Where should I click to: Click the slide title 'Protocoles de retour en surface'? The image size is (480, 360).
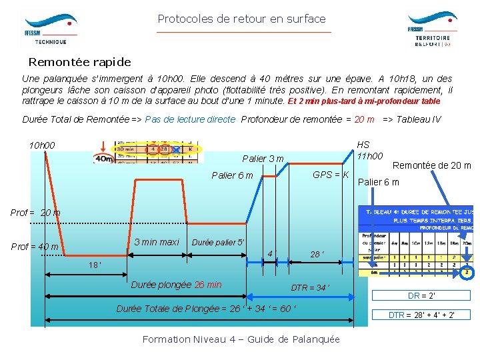tap(241, 19)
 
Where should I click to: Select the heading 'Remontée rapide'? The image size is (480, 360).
tap(79, 62)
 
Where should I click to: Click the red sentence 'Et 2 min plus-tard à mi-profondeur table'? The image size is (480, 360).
tap(364, 102)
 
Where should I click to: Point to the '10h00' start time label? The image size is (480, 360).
tap(42, 145)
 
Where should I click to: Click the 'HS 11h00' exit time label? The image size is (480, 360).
tap(369, 150)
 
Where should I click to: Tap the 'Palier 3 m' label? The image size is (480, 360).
tap(263, 159)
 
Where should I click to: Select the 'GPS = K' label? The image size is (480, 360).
tap(331, 174)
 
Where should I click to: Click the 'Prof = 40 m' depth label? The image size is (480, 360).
tap(35, 247)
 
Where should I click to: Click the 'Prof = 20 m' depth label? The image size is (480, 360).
tap(35, 213)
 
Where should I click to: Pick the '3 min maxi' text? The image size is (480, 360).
tap(156, 242)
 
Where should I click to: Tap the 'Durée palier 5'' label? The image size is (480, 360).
tap(218, 243)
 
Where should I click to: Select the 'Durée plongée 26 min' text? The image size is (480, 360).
tap(177, 285)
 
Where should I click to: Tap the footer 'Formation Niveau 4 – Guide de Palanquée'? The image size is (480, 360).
tap(241, 339)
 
